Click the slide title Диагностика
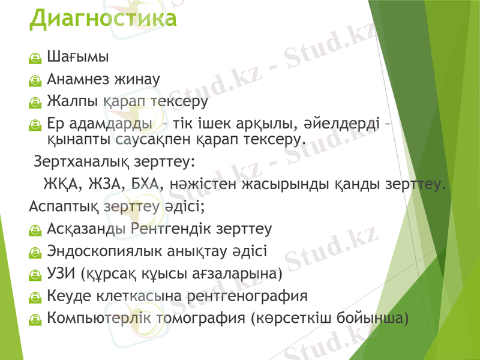[103, 18]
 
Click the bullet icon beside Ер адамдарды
[36, 125]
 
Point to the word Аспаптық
[64, 206]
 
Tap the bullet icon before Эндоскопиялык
[36, 252]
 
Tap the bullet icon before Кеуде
[36, 296]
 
